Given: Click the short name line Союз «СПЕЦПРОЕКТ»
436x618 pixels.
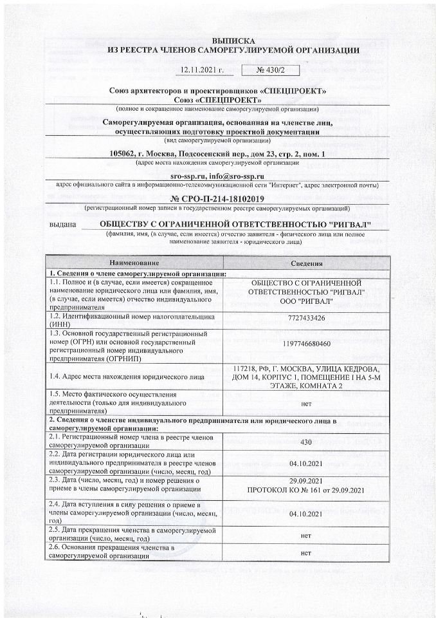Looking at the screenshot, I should pos(218,100).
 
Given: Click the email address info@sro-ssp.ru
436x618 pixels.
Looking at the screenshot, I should pos(242,176).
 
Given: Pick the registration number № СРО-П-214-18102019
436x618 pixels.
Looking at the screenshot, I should pos(218,198).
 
